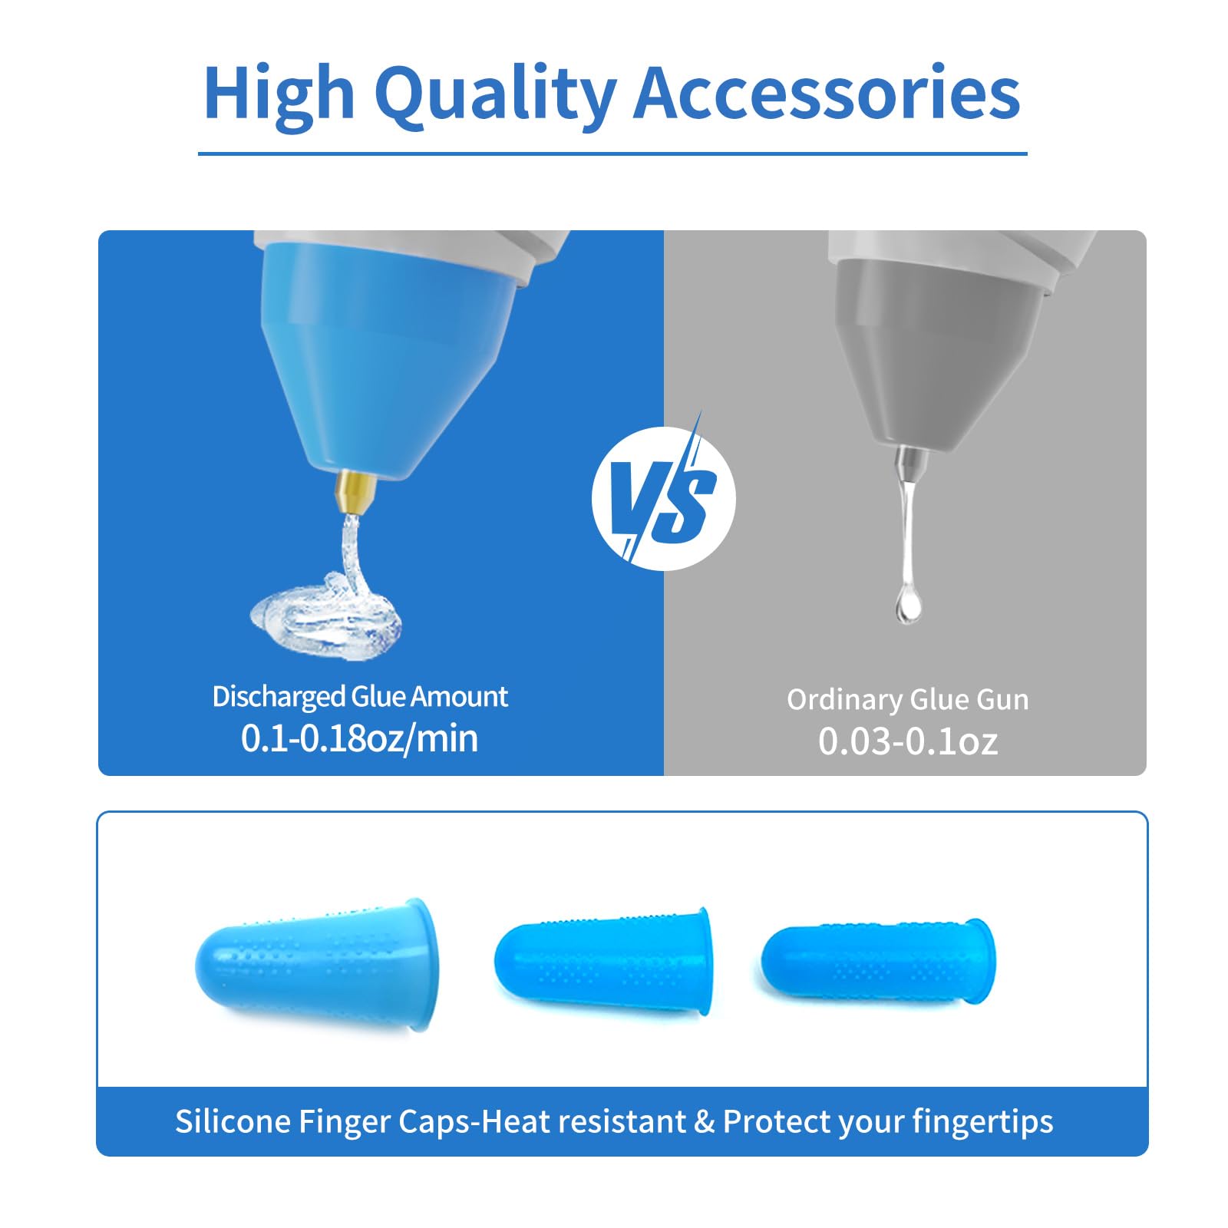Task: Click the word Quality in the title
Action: (x=496, y=94)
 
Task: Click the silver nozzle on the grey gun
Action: (x=909, y=461)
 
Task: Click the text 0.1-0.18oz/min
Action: (x=359, y=738)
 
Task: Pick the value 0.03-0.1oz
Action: (x=908, y=741)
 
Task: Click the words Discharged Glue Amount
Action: (x=360, y=696)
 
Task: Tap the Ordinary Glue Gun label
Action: (x=908, y=699)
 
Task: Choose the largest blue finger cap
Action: (x=316, y=965)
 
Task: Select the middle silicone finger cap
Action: (x=603, y=961)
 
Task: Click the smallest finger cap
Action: (x=877, y=961)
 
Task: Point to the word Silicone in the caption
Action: (x=233, y=1121)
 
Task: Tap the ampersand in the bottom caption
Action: (x=704, y=1122)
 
